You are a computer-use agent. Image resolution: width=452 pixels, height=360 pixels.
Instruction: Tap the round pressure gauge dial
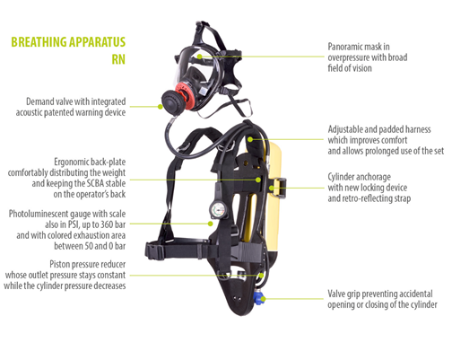click(x=218, y=210)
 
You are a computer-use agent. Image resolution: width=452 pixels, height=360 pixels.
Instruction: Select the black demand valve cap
click(x=170, y=101)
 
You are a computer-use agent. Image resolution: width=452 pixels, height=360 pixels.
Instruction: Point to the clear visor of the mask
click(x=195, y=65)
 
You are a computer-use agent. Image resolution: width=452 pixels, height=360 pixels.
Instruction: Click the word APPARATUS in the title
click(x=96, y=42)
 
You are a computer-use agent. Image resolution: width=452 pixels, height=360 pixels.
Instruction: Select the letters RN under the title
click(x=118, y=59)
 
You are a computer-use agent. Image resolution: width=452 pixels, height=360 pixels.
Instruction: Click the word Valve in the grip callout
click(x=336, y=294)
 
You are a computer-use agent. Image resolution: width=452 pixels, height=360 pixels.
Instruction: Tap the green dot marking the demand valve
click(x=161, y=107)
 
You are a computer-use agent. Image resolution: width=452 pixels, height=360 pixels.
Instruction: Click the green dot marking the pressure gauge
click(x=211, y=224)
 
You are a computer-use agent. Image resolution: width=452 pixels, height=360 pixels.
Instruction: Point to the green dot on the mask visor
click(x=200, y=57)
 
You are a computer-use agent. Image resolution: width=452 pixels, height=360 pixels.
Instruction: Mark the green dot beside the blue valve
click(x=263, y=299)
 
